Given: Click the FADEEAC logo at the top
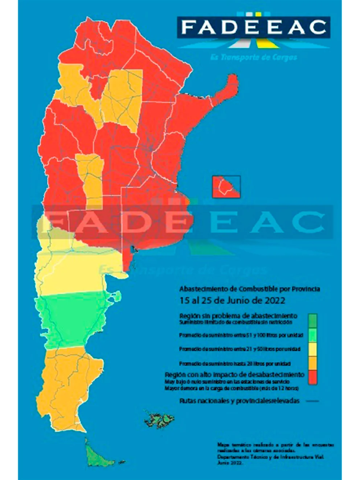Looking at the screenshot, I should [254, 27].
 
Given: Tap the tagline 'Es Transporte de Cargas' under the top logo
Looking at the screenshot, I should [254, 57].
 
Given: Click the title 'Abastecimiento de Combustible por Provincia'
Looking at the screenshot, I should [250, 289].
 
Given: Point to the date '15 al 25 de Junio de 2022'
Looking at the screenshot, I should [232, 300].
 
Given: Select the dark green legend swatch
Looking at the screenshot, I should [312, 320].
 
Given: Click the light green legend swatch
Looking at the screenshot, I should [312, 335].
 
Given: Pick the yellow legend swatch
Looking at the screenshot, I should [312, 349].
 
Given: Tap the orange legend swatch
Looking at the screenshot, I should [312, 362].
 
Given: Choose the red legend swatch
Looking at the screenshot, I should [312, 377].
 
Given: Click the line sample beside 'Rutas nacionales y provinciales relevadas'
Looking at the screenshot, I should [312, 401].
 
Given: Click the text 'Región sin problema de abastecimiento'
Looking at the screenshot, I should [238, 316].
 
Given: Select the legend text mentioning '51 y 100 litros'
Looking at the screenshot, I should [241, 335].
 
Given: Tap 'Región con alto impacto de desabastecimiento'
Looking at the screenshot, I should [234, 374].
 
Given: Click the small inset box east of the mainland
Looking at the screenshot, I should [226, 187].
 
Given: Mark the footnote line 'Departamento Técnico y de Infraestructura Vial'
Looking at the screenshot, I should [270, 457].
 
